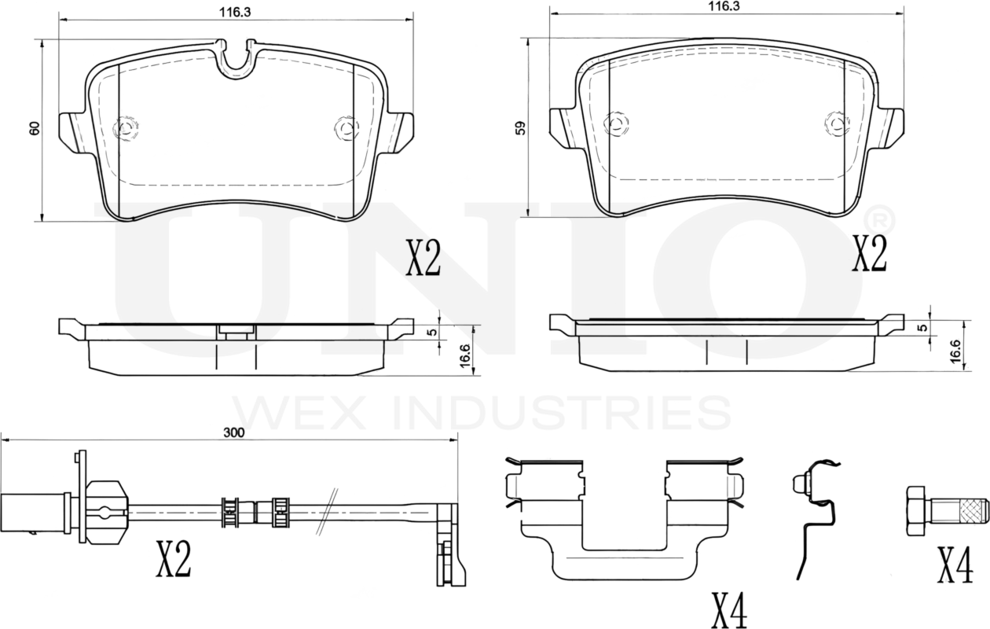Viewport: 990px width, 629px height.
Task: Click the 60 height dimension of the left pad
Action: click(34, 130)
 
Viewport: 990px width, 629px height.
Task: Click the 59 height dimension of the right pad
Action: click(519, 127)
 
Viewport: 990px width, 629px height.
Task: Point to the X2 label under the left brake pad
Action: click(423, 259)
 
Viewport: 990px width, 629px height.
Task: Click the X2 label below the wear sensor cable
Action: click(173, 560)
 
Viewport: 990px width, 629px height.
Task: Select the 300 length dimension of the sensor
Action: click(233, 432)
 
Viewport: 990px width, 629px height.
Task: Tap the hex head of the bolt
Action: click(917, 509)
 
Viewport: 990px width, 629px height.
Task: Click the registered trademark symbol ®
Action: click(878, 215)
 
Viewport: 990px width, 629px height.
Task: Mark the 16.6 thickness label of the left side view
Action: click(465, 355)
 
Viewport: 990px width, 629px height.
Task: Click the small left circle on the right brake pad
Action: click(618, 123)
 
